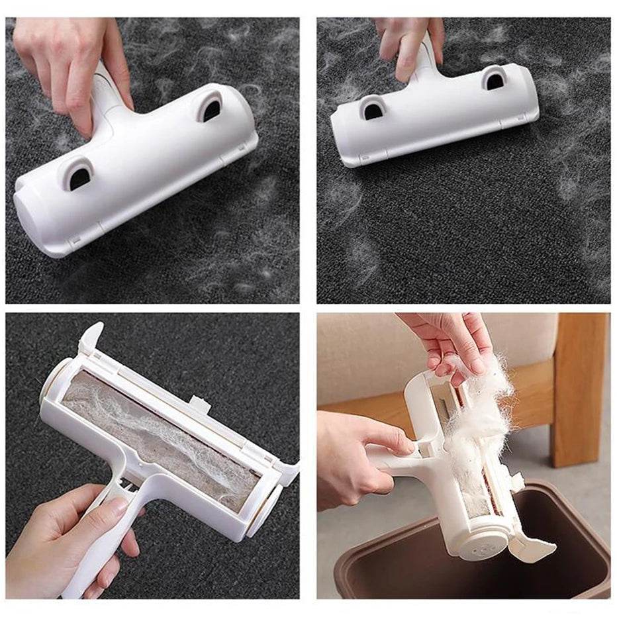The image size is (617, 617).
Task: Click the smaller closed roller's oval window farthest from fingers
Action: pos(373,107)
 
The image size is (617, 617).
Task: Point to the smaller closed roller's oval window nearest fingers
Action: pos(493,79)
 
